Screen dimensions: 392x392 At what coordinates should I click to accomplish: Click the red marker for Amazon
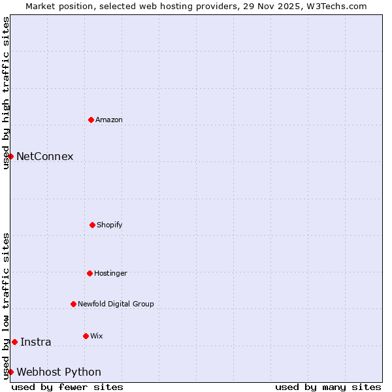coord(91,120)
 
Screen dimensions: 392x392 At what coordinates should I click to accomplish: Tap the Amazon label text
coord(109,120)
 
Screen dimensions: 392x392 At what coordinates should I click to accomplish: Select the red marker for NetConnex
coord(10,156)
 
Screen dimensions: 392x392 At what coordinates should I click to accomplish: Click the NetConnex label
coord(44,157)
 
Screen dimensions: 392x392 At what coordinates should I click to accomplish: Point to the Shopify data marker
coord(92,225)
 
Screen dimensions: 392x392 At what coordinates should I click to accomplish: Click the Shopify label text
coord(110,225)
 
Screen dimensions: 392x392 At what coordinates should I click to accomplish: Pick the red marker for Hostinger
coord(90,273)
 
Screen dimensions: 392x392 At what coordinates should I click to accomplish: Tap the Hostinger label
coord(110,274)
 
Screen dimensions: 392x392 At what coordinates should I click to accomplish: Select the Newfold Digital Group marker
coord(73,304)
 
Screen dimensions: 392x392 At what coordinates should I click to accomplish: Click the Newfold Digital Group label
coord(116,304)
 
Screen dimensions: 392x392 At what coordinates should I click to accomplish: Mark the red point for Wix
coord(86,336)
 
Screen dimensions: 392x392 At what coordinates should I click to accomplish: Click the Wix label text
coord(97,336)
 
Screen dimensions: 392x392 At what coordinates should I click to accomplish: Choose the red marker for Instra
coord(14,342)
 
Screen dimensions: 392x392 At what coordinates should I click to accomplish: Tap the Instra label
coord(35,342)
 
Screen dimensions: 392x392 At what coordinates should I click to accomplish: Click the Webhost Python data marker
coord(10,372)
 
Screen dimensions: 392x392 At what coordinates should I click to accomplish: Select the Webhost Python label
coord(59,372)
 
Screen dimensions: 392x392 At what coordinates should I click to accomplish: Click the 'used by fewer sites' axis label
coord(67,387)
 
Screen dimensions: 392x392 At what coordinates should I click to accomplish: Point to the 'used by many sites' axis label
coord(328,387)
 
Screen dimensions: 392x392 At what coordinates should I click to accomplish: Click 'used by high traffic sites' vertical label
coord(7,93)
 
